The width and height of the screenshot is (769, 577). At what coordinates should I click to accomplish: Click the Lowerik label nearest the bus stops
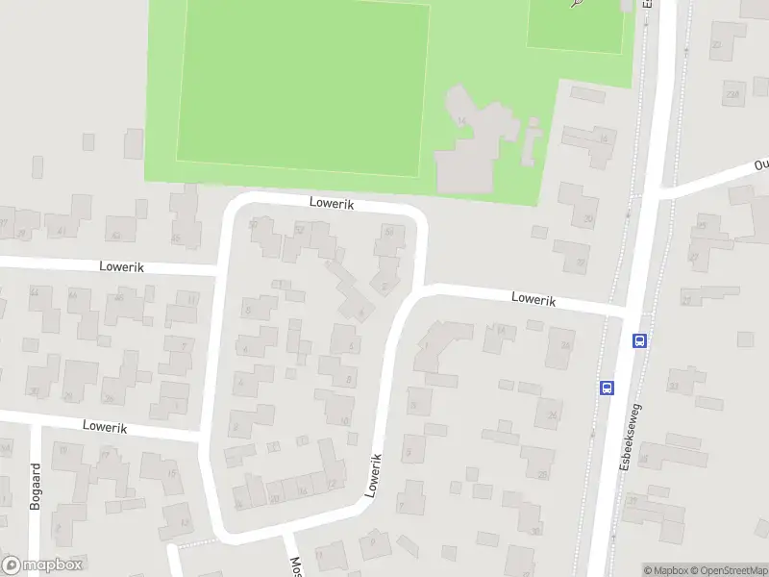pyautogui.click(x=534, y=300)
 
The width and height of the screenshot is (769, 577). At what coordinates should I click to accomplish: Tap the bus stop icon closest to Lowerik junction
pyautogui.click(x=638, y=339)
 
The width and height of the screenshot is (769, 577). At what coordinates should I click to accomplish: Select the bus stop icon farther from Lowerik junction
pyautogui.click(x=607, y=388)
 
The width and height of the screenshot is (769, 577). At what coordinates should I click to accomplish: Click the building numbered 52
pyautogui.click(x=299, y=230)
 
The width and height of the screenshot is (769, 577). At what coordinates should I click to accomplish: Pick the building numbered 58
pyautogui.click(x=389, y=232)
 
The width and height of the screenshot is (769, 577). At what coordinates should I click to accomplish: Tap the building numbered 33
pyautogui.click(x=673, y=387)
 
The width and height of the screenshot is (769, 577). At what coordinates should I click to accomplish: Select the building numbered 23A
pyautogui.click(x=732, y=93)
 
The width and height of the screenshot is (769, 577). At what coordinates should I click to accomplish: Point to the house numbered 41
pyautogui.click(x=62, y=230)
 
